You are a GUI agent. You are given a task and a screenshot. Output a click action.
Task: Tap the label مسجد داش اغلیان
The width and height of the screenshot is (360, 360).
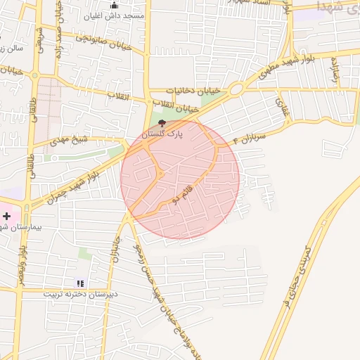click(x=114, y=15)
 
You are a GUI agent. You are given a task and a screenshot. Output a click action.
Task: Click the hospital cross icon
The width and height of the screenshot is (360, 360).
click(x=6, y=217)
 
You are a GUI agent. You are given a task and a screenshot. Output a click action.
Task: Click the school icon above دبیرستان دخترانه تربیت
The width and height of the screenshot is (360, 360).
click(x=79, y=283)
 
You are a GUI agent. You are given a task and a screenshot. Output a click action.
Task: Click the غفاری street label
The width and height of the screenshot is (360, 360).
click(x=281, y=107)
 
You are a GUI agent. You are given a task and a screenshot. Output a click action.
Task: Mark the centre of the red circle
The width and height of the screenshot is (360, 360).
click(x=180, y=179)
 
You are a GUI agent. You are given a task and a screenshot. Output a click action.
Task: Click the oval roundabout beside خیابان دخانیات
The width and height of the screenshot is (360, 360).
click(x=236, y=89)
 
